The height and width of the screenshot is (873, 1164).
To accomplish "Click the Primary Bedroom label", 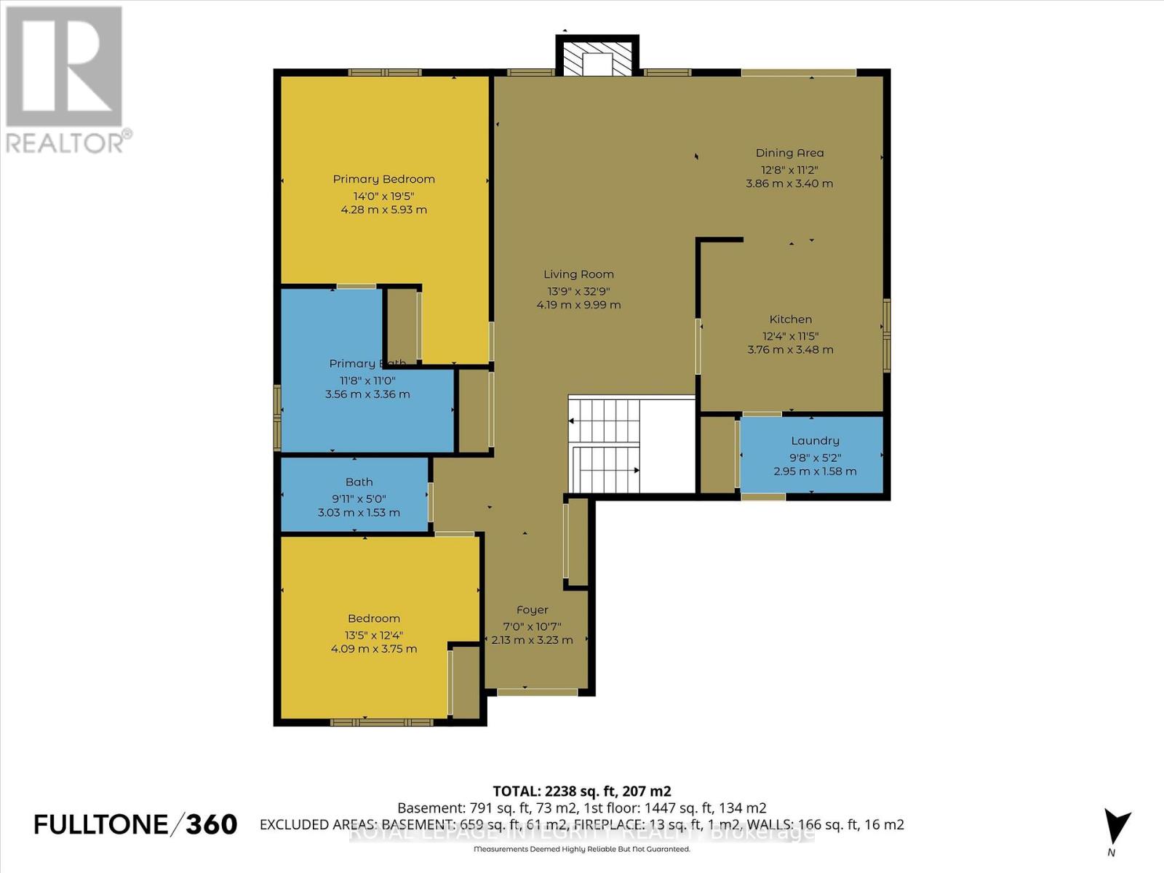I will tap(383, 179).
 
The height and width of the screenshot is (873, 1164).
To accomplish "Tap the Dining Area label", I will tap(789, 153).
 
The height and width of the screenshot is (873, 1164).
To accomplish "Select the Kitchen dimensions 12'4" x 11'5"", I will tap(790, 336).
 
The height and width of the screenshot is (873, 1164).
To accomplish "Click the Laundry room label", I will tap(815, 441).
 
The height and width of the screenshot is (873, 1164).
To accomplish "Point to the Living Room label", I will tap(578, 274).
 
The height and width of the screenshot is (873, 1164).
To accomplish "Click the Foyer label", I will tap(532, 610).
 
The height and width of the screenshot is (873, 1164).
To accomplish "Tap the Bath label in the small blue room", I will tap(359, 482).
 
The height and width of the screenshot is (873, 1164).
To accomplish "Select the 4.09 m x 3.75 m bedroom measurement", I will tap(373, 649).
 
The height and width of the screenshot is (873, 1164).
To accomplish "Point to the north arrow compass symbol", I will tap(1116, 828).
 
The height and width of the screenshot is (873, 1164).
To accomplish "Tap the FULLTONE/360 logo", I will tap(135, 824).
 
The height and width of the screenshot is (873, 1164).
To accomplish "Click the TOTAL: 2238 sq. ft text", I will tap(581, 792).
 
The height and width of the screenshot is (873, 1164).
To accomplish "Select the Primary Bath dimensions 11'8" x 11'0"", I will tap(367, 380).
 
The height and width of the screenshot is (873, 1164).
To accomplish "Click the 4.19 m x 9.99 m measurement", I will tap(578, 306).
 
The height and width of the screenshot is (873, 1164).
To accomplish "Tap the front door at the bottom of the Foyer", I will tap(537, 692).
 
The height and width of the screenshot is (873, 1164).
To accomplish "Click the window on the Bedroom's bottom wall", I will tap(381, 722).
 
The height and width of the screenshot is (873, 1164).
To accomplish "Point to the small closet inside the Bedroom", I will tap(465, 682).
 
